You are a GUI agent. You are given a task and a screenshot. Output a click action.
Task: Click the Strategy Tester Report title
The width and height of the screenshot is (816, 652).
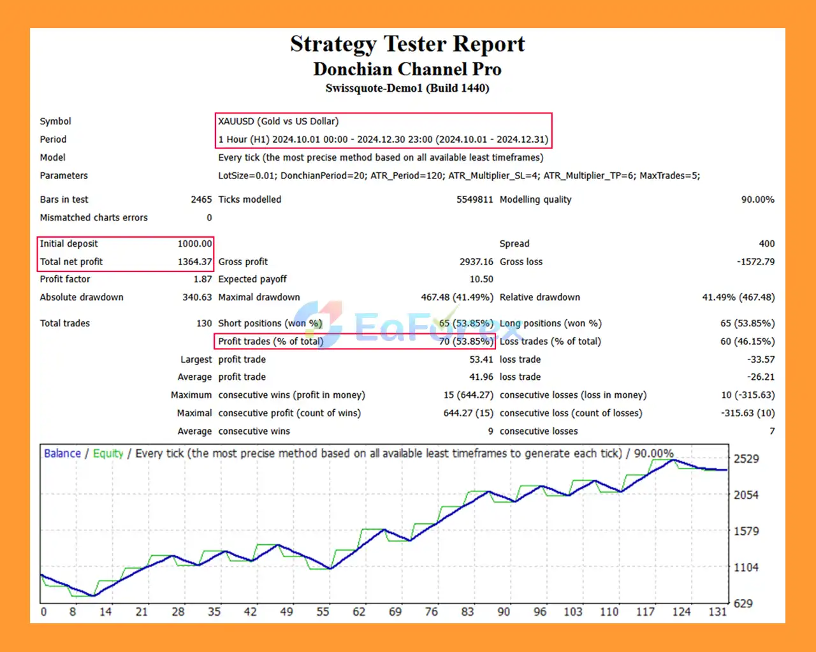point(407,44)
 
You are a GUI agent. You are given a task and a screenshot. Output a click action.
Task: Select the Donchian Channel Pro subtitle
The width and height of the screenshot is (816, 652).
point(407,69)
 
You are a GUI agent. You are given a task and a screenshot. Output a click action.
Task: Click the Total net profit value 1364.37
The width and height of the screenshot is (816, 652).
point(194,261)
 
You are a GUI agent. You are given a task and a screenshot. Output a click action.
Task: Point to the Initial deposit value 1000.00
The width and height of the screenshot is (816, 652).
point(194,243)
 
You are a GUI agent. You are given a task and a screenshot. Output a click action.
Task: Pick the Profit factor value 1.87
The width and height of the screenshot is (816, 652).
point(203,279)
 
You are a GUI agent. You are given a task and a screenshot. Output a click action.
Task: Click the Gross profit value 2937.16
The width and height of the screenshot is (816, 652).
point(476,261)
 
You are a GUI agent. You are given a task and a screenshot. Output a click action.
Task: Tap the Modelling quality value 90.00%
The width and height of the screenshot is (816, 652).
point(757,199)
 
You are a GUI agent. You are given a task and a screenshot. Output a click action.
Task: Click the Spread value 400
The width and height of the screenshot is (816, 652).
point(767,243)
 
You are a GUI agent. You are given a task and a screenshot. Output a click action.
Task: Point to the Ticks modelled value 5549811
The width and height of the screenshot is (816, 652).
point(474,199)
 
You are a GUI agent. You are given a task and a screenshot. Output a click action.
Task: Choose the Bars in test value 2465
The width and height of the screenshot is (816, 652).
point(201,199)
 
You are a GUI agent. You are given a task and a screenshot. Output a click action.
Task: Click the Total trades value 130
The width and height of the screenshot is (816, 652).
point(204,323)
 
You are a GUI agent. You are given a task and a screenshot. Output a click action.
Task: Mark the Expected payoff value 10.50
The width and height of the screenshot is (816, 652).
point(481,279)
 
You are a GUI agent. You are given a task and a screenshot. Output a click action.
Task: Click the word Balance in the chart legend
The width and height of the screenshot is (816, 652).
point(62,453)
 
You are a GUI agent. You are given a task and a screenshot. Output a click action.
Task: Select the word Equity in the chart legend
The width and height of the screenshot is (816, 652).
point(108,453)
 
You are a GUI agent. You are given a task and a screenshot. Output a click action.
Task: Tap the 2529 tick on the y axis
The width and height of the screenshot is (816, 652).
point(746,459)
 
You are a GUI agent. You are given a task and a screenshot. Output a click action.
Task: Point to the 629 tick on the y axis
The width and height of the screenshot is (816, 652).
point(743,603)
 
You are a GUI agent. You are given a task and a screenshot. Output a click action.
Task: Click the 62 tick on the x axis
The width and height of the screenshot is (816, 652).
point(359,612)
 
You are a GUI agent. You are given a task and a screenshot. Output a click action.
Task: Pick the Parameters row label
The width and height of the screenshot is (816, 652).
point(64,175)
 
